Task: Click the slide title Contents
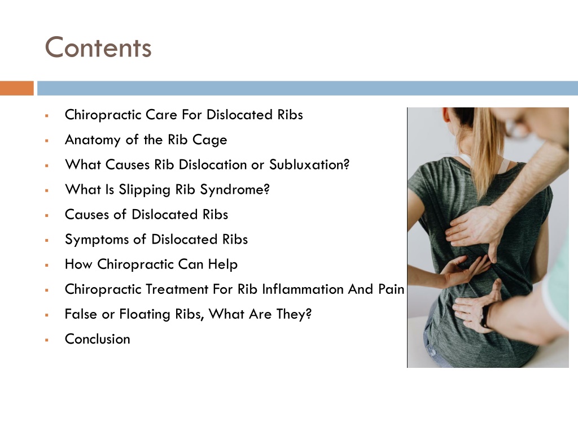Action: pyautogui.click(x=98, y=47)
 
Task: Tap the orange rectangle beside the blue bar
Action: pyautogui.click(x=17, y=88)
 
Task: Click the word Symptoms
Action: pyautogui.click(x=97, y=239)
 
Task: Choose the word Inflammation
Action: pyautogui.click(x=311, y=289)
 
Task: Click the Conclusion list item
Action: pyautogui.click(x=97, y=338)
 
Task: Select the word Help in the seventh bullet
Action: pyautogui.click(x=222, y=264)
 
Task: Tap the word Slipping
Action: pyautogui.click(x=142, y=189)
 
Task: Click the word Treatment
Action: pyautogui.click(x=177, y=289)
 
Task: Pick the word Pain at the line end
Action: pyautogui.click(x=391, y=289)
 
